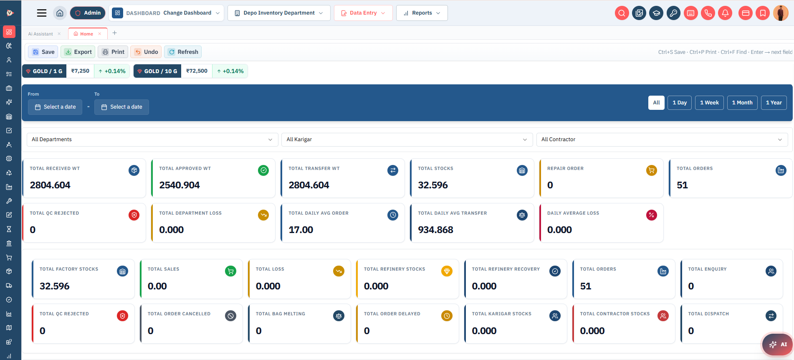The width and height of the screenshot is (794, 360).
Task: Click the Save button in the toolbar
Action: (43, 52)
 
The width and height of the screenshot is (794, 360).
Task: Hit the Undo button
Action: (146, 52)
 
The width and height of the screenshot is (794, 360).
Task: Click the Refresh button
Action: (183, 52)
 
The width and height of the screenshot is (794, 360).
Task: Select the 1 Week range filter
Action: (709, 103)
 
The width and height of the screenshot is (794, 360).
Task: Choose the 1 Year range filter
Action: (774, 103)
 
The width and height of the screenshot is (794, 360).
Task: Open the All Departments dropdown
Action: (152, 139)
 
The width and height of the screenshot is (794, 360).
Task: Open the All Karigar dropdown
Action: (407, 139)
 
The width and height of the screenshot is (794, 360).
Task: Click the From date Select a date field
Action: (55, 107)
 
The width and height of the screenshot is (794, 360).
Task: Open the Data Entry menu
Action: (363, 13)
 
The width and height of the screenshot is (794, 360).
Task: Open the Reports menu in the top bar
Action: (422, 13)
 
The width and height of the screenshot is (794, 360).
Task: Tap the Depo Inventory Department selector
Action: (279, 13)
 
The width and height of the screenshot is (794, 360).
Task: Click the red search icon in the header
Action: (622, 13)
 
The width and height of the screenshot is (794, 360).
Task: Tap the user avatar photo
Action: (781, 13)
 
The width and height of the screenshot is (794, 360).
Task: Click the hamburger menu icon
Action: (42, 13)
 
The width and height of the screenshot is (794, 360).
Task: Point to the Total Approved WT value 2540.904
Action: (180, 185)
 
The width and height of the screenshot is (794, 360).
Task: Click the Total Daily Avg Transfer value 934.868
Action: (435, 230)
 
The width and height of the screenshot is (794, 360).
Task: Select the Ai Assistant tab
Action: (40, 34)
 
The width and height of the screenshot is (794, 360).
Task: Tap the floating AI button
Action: (777, 345)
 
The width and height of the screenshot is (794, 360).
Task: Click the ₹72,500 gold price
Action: (197, 71)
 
